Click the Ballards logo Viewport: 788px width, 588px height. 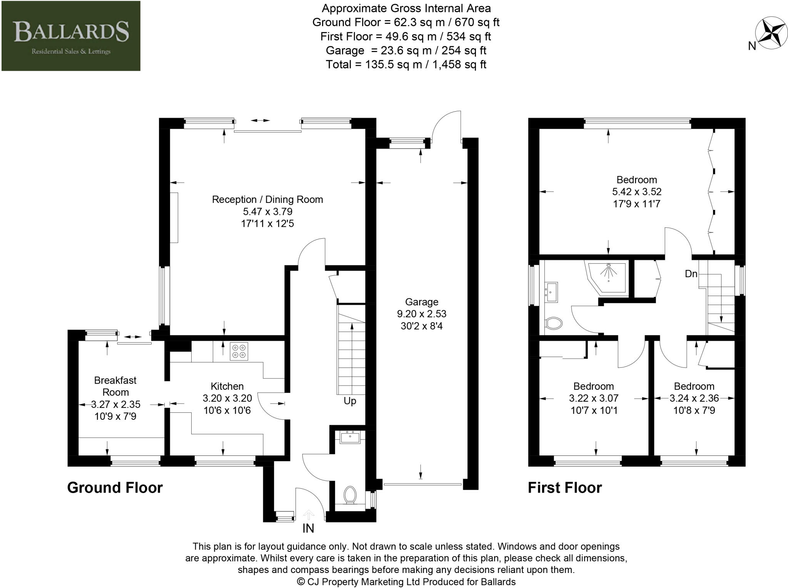pyautogui.click(x=71, y=36)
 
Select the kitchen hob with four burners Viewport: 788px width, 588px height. pyautogui.click(x=239, y=351)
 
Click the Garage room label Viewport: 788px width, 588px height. pyautogui.click(x=421, y=302)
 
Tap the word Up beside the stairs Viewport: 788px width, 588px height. pyautogui.click(x=350, y=401)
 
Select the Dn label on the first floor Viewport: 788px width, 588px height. pyautogui.click(x=691, y=274)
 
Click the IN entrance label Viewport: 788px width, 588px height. pyautogui.click(x=308, y=528)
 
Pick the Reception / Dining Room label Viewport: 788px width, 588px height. pyautogui.click(x=267, y=199)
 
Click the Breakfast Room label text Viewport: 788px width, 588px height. pyautogui.click(x=115, y=386)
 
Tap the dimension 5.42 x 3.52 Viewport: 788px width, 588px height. pyautogui.click(x=637, y=192)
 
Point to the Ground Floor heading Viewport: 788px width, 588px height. pyautogui.click(x=115, y=487)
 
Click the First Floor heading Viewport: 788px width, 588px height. pyautogui.click(x=564, y=487)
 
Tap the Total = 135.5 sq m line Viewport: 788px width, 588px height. pyautogui.click(x=406, y=64)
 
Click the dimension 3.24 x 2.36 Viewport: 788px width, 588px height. pyautogui.click(x=694, y=398)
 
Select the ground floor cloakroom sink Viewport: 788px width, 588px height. pyautogui.click(x=350, y=437)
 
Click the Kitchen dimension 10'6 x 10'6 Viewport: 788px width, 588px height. pyautogui.click(x=227, y=410)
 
